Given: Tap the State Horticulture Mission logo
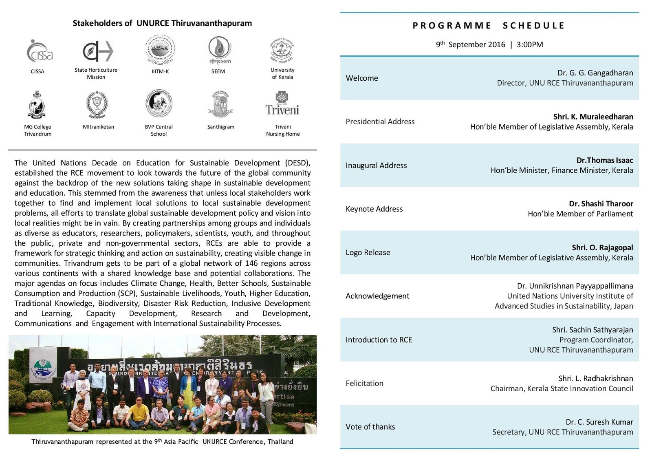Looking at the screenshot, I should [x=97, y=51].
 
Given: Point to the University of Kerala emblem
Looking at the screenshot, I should [x=282, y=51].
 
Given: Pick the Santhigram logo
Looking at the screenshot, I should [x=220, y=104].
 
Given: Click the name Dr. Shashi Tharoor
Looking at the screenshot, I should [x=601, y=204].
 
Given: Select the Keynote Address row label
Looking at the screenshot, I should [x=374, y=209].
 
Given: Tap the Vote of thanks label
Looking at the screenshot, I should [x=370, y=427].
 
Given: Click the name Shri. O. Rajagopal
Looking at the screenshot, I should [x=602, y=247].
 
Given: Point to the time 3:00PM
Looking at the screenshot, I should [x=530, y=44].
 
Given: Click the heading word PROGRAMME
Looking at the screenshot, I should [x=452, y=26].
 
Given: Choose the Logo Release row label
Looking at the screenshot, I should [x=368, y=253].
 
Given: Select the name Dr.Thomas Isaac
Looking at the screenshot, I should [x=605, y=160].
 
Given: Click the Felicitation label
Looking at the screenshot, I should [x=364, y=383].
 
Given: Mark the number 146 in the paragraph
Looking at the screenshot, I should [x=252, y=263].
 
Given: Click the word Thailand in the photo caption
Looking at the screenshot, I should [x=280, y=442].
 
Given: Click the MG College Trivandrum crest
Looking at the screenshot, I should [x=37, y=104].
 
